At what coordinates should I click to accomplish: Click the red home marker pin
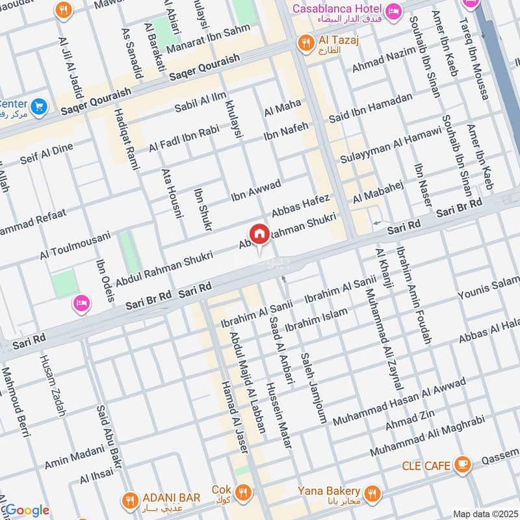(x=259, y=234)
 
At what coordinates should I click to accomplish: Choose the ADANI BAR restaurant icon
(x=129, y=499)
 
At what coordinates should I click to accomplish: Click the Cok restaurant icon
(x=243, y=492)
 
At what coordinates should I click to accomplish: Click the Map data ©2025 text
(x=484, y=513)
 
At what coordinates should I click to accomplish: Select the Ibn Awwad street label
(x=256, y=190)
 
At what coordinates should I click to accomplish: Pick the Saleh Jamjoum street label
(x=313, y=388)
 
